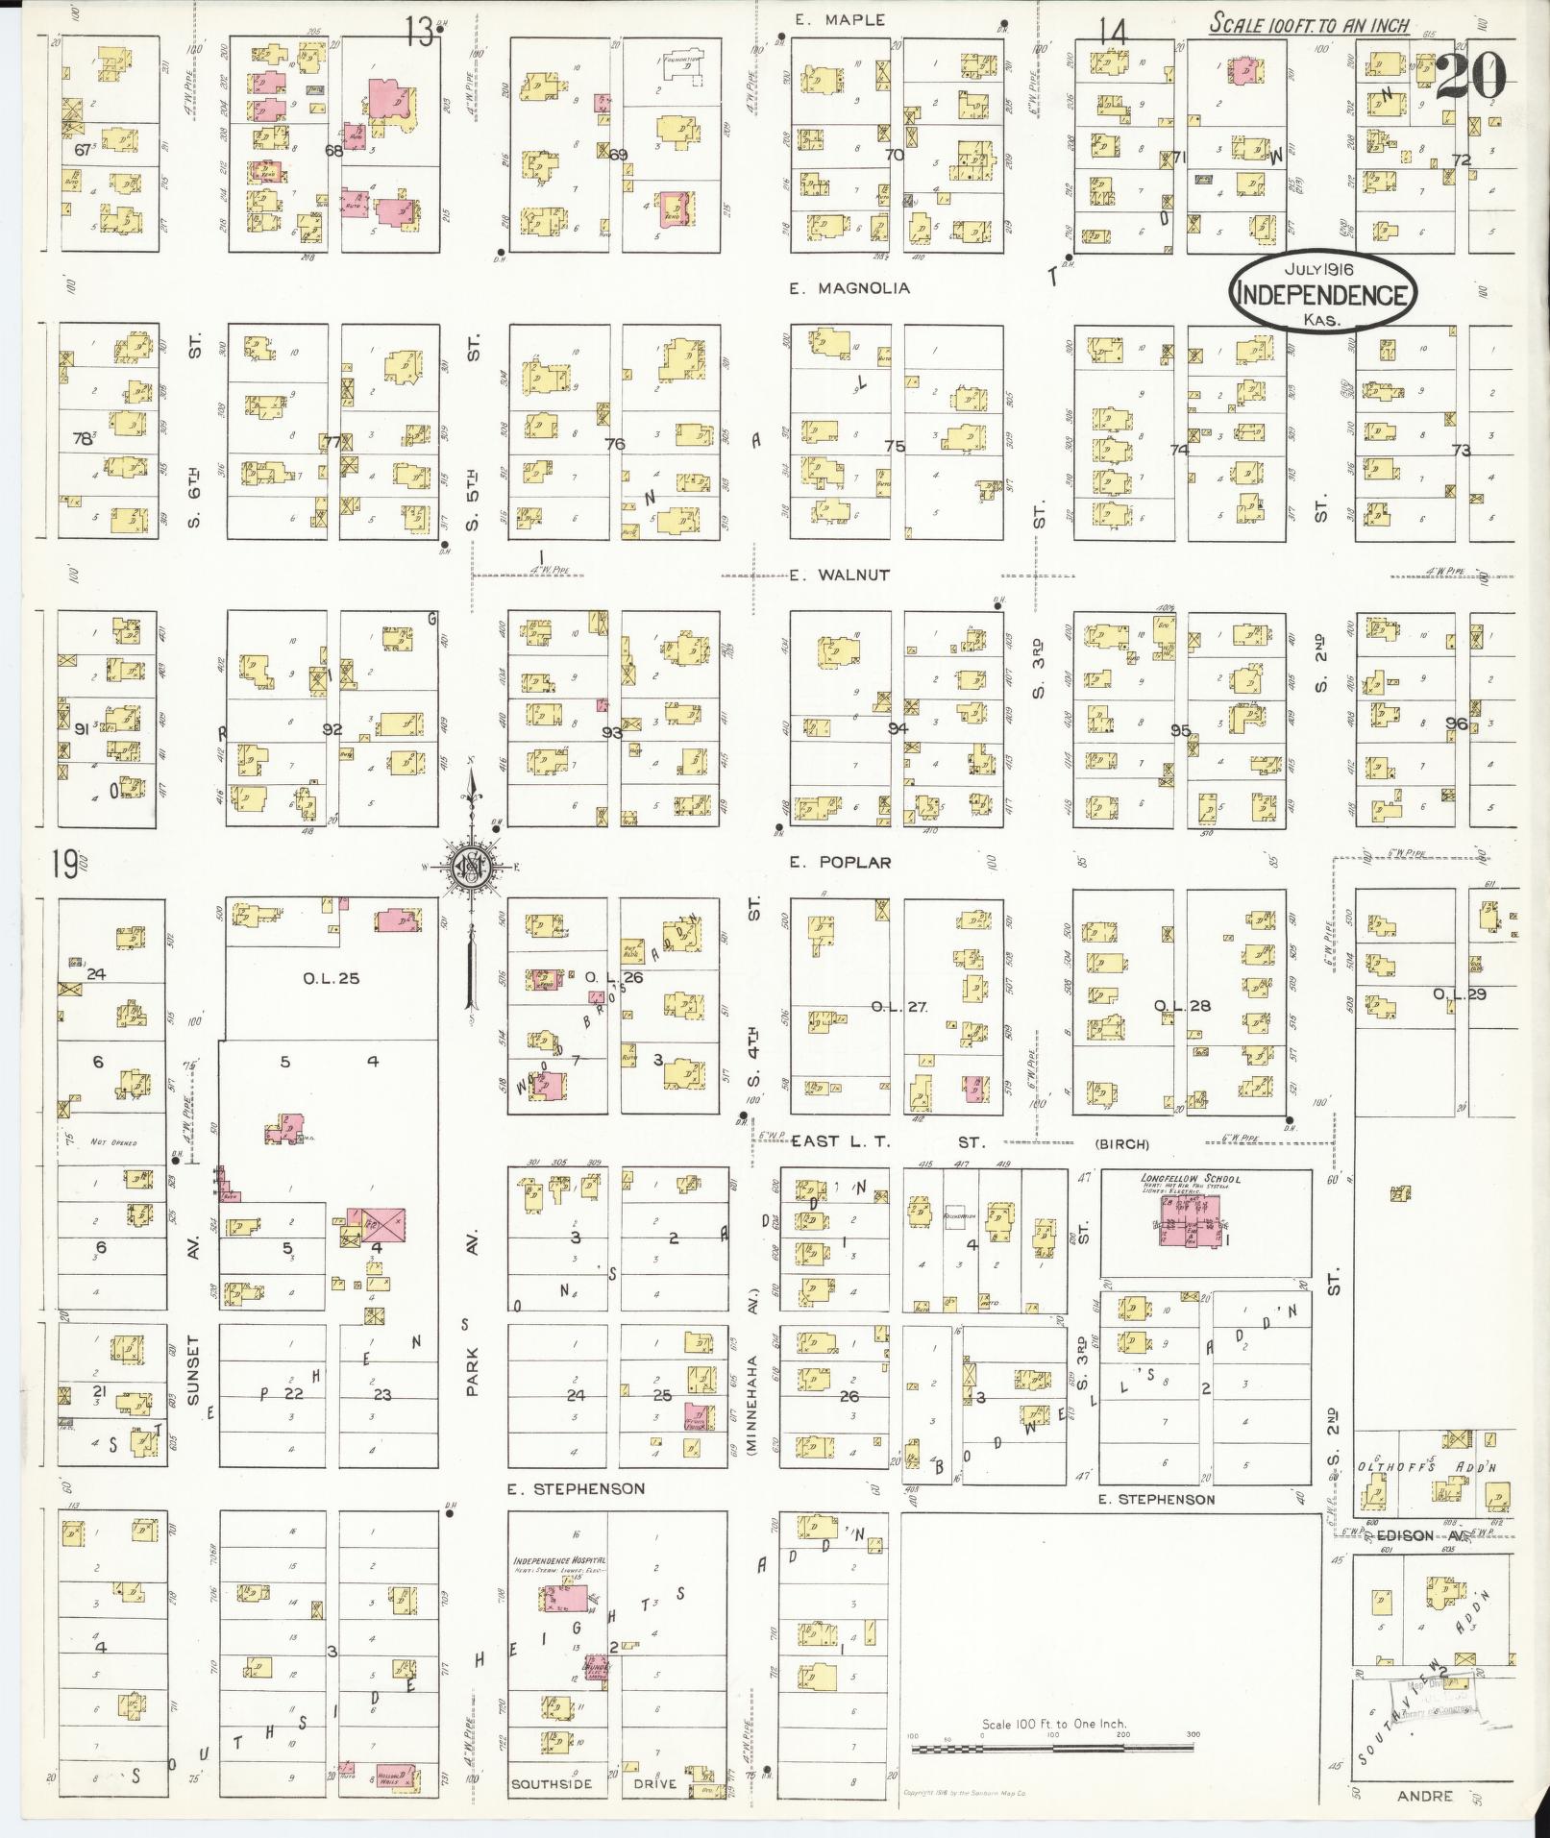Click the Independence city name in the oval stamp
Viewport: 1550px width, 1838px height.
[x=1323, y=295]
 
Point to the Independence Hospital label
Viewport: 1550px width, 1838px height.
[x=559, y=1561]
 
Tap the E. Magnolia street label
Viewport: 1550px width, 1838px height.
[x=849, y=288]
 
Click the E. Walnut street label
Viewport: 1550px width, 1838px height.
[x=840, y=576]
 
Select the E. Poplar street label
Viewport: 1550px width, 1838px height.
[x=840, y=863]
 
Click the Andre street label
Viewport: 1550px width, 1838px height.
[x=1424, y=1796]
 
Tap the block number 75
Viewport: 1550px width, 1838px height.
[x=895, y=446]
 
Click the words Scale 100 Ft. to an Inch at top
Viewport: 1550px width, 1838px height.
[x=1309, y=25]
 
